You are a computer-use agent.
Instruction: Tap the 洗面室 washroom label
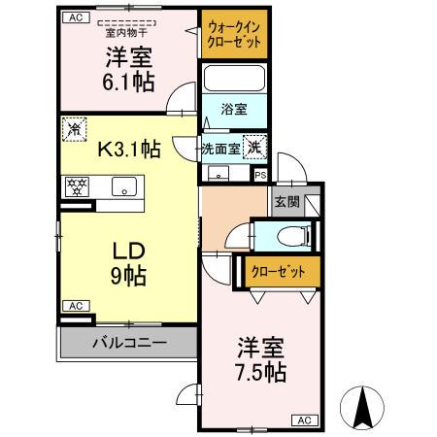pos(218,149)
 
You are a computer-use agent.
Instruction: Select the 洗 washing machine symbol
pos(252,148)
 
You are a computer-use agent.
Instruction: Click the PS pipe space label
pos(259,175)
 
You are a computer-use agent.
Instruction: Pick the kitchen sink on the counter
pos(124,186)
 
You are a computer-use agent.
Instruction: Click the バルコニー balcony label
pos(128,342)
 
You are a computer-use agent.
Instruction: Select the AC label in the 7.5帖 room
pos(304,420)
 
